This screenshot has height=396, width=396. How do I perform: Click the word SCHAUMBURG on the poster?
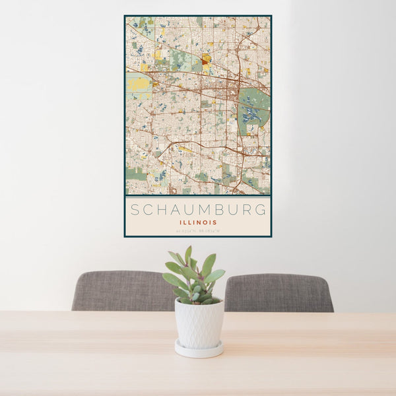tap(198, 210)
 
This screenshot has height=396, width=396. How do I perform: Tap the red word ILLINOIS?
tap(198, 222)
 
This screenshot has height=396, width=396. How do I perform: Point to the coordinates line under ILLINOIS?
tap(198, 230)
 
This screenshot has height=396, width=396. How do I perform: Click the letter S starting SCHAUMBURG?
tap(135, 210)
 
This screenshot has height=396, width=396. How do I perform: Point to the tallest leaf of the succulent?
tap(188, 253)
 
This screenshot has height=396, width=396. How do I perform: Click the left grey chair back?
tap(122, 290)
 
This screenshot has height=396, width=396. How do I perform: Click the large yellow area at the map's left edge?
tap(138, 84)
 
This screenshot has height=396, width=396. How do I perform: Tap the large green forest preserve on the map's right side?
tap(255, 106)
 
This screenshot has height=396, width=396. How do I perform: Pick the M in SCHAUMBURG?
tap(199, 210)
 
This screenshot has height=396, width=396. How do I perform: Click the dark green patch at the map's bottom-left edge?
tap(136, 174)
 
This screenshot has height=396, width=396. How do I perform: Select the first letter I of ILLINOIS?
tap(180, 222)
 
